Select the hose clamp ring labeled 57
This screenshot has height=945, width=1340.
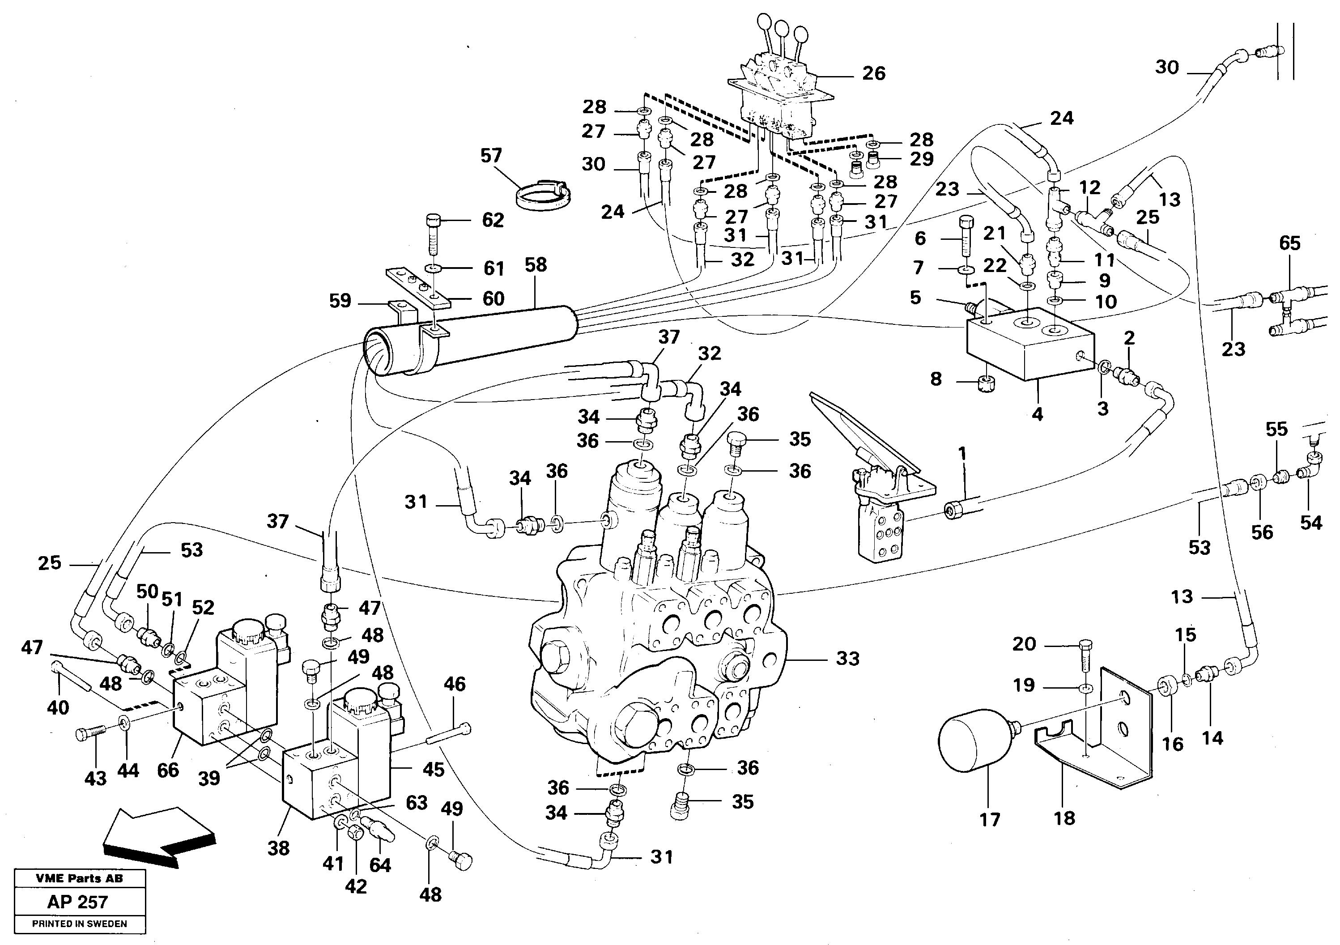tap(543, 194)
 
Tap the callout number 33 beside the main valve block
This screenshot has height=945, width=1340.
tap(847, 659)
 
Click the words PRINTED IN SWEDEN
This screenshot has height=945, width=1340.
tap(79, 924)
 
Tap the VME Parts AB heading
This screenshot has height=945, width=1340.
tap(79, 878)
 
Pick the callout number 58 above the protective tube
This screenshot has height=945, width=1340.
tap(535, 264)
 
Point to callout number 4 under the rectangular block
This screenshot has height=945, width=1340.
tap(1037, 414)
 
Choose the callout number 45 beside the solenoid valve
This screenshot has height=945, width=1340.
tap(433, 769)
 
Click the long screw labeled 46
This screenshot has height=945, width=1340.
tap(449, 734)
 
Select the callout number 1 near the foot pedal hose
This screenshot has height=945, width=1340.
tap(962, 454)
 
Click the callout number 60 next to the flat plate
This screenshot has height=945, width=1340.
tap(493, 299)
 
